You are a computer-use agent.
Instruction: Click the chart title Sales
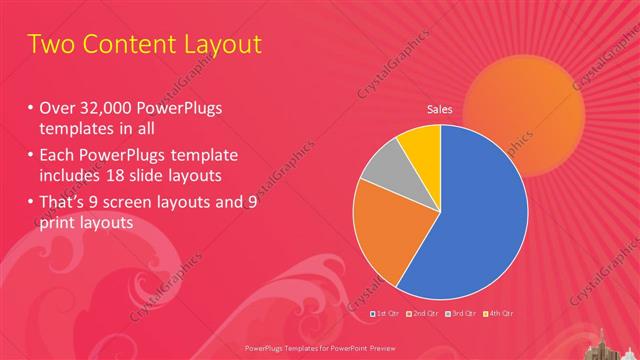click(441, 109)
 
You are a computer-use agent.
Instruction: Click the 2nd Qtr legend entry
click(424, 314)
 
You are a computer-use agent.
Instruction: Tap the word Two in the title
click(50, 45)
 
